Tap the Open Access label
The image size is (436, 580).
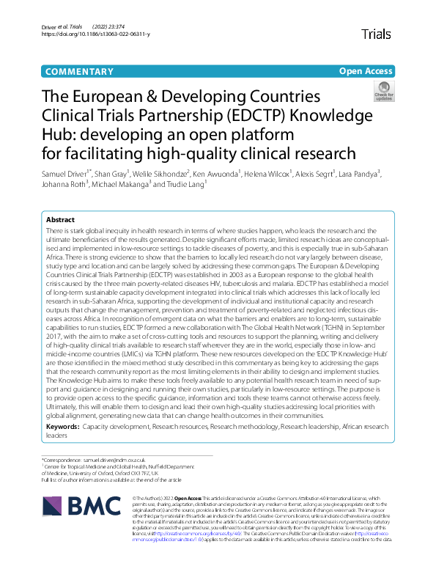(x=366, y=71)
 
